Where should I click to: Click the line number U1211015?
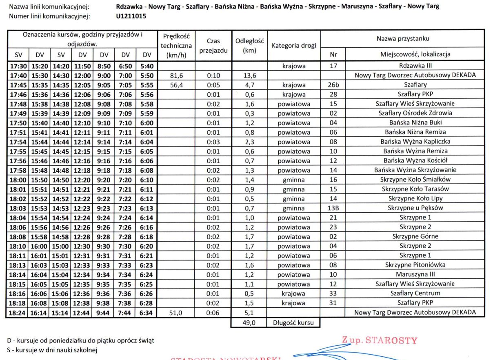click(131, 16)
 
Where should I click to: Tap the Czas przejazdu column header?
click(213, 46)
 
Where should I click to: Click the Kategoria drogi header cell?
click(294, 46)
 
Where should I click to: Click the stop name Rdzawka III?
click(415, 66)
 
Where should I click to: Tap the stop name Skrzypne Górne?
click(415, 236)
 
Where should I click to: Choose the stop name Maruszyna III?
click(415, 274)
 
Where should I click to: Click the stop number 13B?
click(333, 208)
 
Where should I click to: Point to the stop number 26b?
click(333, 85)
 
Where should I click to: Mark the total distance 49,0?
click(249, 322)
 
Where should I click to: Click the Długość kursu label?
click(293, 322)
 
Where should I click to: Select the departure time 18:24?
click(18, 313)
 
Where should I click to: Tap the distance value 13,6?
click(249, 76)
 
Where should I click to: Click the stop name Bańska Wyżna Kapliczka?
click(415, 142)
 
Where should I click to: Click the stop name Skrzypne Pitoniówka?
click(415, 265)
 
